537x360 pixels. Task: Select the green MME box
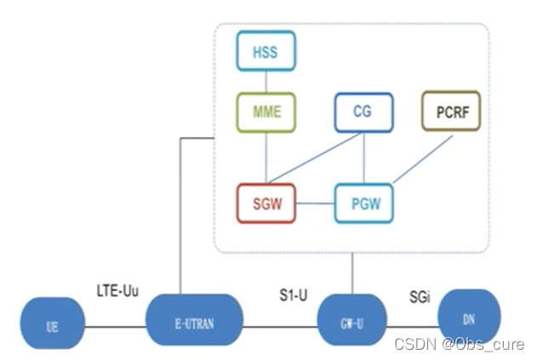coord(266,111)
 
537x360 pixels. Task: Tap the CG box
coord(363,111)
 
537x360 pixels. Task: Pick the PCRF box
coord(450,111)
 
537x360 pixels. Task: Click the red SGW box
coord(266,203)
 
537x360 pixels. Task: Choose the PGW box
coord(363,203)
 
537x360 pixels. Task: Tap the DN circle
coord(469,320)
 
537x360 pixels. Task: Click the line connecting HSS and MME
coord(266,83)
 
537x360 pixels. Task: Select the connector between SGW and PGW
coord(315,203)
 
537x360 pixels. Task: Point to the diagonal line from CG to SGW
coord(315,158)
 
